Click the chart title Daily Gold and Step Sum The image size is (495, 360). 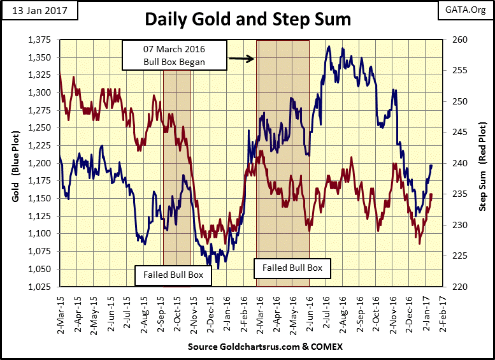pyautogui.click(x=247, y=19)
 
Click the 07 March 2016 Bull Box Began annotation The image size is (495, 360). pyautogui.click(x=173, y=55)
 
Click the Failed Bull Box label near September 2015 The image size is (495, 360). pyautogui.click(x=173, y=275)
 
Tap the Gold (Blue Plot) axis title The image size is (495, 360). pyautogui.click(x=14, y=163)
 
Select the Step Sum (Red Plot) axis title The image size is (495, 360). pyautogui.click(x=483, y=163)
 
